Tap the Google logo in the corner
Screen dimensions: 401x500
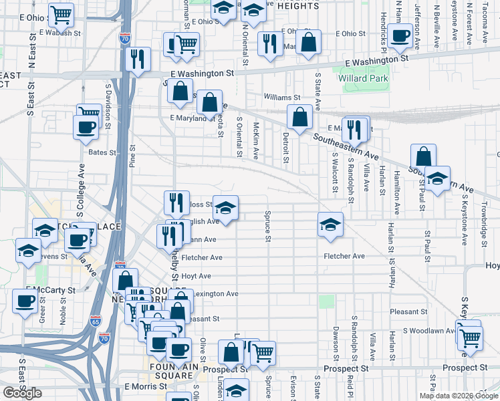click(22, 393)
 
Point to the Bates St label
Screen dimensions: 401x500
click(102, 153)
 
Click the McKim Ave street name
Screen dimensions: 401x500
click(256, 140)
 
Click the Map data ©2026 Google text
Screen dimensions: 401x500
click(459, 396)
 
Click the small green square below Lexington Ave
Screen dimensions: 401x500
click(326, 301)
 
